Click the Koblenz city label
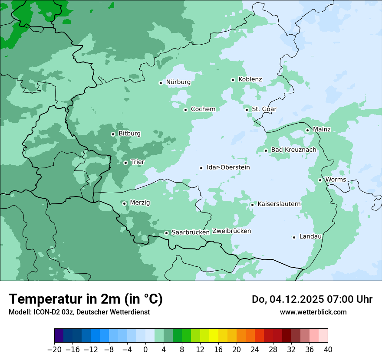tap(250, 79)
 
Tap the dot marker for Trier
tap(125, 163)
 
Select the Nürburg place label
tap(178, 82)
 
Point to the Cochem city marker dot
tap(185, 110)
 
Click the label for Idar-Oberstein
tap(228, 167)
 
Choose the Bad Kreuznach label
tap(293, 150)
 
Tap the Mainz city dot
tap(307, 130)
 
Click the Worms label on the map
tap(336, 180)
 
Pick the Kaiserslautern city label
tap(279, 204)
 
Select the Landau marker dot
tap(294, 237)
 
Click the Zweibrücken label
tap(231, 231)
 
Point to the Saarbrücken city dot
tap(166, 233)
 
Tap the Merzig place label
tap(140, 203)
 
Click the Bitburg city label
tap(129, 134)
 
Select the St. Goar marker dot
tap(247, 110)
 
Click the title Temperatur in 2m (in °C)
tap(86, 299)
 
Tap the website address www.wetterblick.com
tap(313, 312)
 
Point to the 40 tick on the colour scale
tap(328, 350)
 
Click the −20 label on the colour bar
tap(54, 350)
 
